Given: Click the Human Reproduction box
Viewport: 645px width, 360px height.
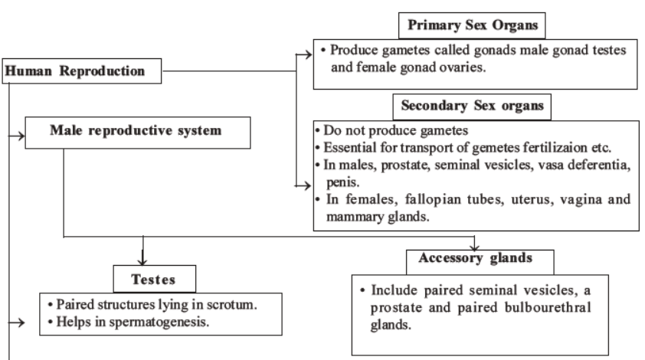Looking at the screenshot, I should [83, 73].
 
